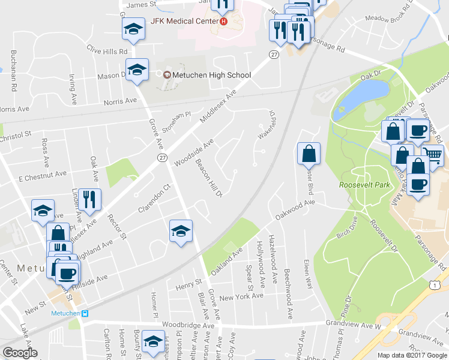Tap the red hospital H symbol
[x=224, y=22]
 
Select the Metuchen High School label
[x=211, y=75]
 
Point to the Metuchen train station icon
[x=85, y=313]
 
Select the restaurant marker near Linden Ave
[x=89, y=199]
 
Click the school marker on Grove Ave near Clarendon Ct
[x=180, y=232]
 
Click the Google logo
[x=20, y=353]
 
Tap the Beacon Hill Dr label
[x=208, y=178]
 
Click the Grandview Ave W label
[x=354, y=325]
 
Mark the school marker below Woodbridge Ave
[x=154, y=341]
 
